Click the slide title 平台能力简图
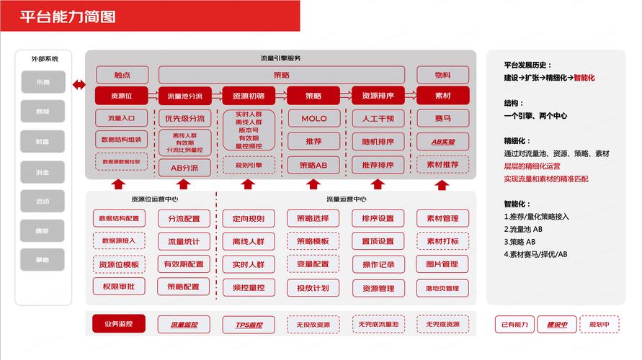[68, 17]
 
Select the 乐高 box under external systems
[43, 82]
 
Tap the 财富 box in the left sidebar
[43, 142]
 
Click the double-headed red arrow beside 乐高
[79, 86]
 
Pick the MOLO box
[313, 118]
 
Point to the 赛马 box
[442, 118]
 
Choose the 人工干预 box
[378, 118]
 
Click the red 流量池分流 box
[184, 96]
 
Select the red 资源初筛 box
[249, 96]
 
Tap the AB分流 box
[184, 167]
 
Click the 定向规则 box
[249, 219]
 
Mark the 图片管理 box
[442, 264]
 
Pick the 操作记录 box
[378, 264]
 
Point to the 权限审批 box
[120, 287]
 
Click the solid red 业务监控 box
[118, 324]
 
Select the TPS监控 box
[249, 325]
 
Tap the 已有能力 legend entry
[514, 325]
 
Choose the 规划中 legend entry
[599, 325]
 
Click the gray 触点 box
[122, 75]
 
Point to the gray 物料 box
[442, 75]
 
